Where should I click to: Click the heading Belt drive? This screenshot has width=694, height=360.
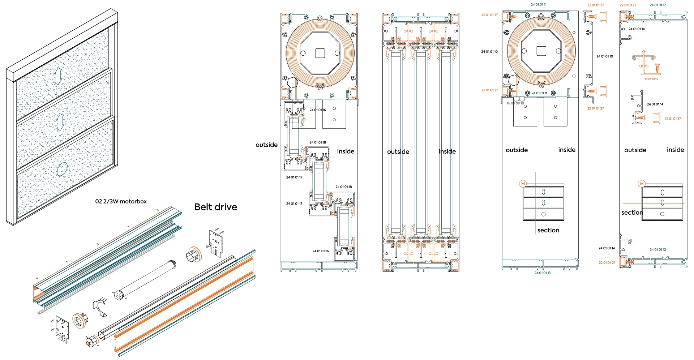click(215, 207)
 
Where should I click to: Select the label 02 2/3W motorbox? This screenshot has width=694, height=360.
click(121, 201)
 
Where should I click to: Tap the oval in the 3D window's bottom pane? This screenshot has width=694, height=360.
click(62, 169)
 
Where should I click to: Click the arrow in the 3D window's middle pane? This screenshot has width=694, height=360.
click(60, 122)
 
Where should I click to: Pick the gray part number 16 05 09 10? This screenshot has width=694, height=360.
click(515, 103)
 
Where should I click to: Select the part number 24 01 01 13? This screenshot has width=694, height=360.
click(542, 273)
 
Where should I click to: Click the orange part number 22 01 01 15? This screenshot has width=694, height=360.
click(651, 79)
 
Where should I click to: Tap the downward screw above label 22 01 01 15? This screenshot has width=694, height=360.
click(657, 68)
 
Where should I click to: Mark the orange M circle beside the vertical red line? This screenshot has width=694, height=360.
click(523, 184)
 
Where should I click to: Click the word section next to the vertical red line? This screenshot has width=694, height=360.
click(548, 230)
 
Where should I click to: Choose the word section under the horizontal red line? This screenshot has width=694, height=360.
click(632, 213)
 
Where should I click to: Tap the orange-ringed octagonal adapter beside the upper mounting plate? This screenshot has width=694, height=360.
click(194, 255)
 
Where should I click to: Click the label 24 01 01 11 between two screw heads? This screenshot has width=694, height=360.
click(539, 93)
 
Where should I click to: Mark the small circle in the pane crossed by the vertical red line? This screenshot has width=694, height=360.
click(543, 214)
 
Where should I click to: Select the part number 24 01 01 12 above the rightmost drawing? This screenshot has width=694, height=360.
click(657, 5)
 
